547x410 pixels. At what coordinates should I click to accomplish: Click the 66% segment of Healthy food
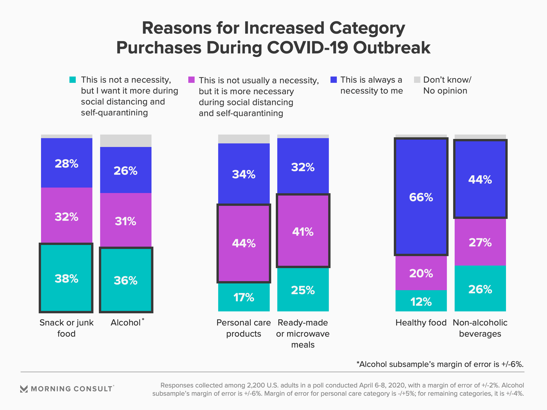click(421, 197)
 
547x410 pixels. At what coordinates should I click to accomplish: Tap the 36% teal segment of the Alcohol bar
click(126, 280)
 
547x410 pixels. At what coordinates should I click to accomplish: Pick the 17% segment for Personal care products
click(244, 297)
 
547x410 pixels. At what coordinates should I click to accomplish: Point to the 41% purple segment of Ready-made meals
click(303, 231)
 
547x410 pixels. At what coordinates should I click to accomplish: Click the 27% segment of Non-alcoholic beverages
click(480, 242)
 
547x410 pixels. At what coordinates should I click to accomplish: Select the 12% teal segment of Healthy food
click(421, 301)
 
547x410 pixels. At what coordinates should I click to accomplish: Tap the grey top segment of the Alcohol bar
click(126, 141)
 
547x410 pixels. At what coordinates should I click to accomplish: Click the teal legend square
click(73, 80)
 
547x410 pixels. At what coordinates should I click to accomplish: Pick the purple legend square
click(191, 80)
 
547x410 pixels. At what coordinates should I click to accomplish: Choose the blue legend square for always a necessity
click(333, 80)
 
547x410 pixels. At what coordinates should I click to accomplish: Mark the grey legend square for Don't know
click(417, 80)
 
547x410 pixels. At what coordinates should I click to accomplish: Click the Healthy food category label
click(421, 323)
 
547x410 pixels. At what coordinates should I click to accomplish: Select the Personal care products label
click(244, 328)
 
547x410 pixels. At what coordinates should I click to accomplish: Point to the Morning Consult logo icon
click(24, 389)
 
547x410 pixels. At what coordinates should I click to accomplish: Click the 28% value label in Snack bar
click(66, 164)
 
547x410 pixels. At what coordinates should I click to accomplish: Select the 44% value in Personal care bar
click(244, 243)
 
